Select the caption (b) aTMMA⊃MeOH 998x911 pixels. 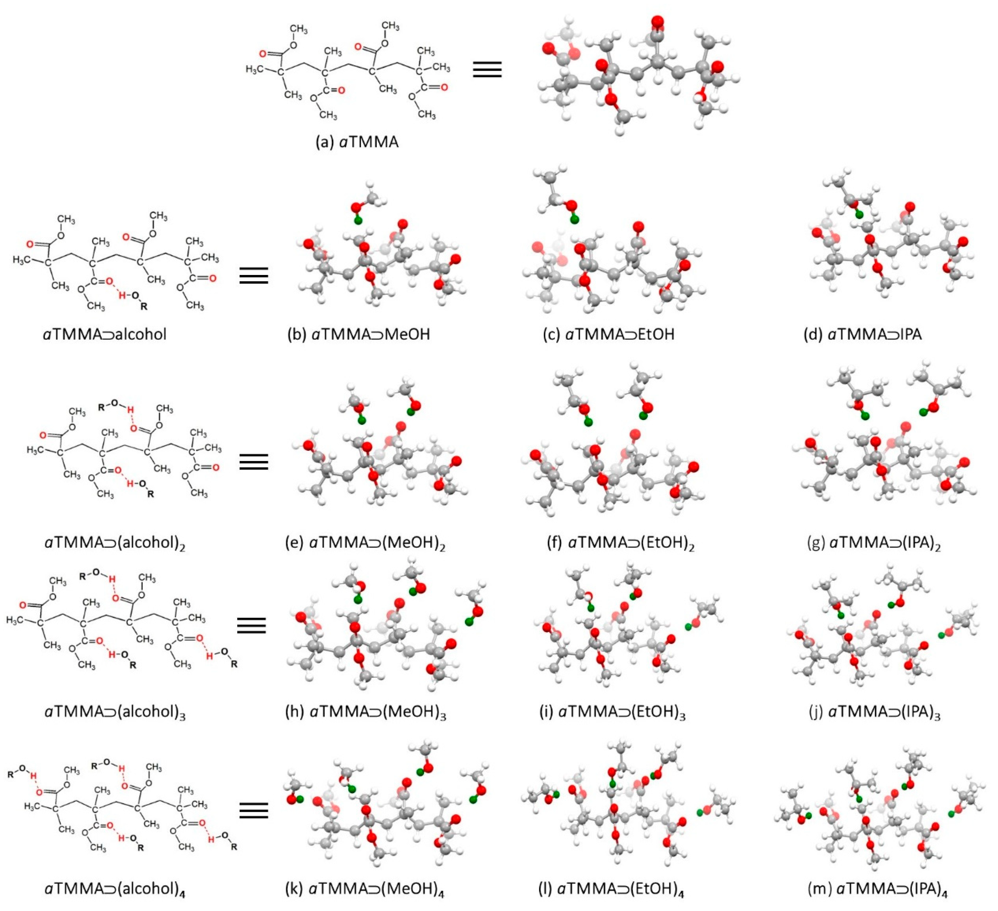(x=358, y=334)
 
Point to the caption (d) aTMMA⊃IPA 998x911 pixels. (x=862, y=334)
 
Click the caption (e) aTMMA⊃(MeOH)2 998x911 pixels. (x=365, y=544)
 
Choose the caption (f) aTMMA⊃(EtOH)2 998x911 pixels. (x=620, y=544)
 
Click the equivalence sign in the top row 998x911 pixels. (x=487, y=69)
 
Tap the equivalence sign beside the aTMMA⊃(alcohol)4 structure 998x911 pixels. (x=253, y=810)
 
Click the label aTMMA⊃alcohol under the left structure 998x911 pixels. (x=105, y=334)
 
